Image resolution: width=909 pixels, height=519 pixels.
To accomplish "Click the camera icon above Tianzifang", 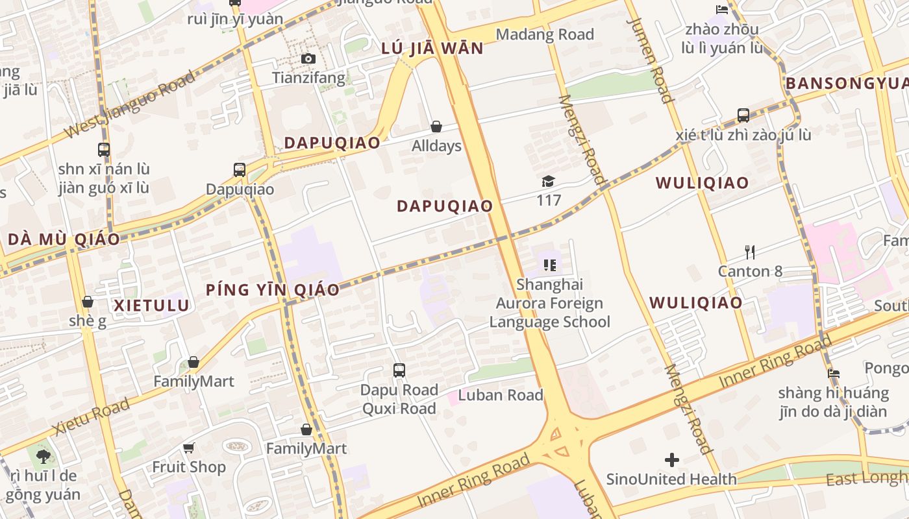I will click(308, 59).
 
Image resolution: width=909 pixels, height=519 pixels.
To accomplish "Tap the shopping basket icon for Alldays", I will click(436, 127).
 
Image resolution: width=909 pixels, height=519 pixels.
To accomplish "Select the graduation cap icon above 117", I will click(549, 181).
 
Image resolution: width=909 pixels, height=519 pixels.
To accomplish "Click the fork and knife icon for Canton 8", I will click(750, 252).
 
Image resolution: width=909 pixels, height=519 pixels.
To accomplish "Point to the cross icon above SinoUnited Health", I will click(672, 460).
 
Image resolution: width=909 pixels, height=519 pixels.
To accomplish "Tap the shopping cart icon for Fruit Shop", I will click(189, 448).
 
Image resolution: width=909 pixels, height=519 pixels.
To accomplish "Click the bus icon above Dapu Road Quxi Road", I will click(399, 370).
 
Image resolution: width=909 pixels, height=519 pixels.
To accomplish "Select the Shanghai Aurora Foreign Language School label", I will click(549, 303).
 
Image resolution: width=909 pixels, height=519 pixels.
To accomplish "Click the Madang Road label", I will click(545, 34).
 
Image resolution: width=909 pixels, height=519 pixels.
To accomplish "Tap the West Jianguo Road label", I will click(130, 104).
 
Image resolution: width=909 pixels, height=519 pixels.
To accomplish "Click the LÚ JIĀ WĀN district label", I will click(432, 49).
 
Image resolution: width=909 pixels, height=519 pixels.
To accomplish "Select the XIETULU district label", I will click(152, 306).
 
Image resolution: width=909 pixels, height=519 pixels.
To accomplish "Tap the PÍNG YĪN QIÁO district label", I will click(273, 290).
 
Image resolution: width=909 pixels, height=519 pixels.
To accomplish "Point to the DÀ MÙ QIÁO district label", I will click(64, 239).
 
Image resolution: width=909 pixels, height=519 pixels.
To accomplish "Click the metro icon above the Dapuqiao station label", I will click(240, 170).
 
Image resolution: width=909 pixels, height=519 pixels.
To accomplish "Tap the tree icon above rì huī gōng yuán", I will click(44, 457).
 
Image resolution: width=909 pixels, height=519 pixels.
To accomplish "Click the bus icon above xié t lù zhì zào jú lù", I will click(743, 115).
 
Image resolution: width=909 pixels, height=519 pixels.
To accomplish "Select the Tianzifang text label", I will click(308, 78).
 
